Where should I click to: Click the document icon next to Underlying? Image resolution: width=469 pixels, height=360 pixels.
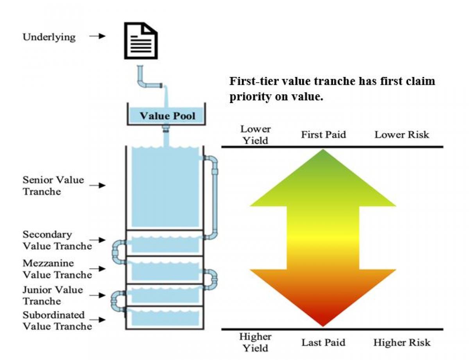tap(141, 40)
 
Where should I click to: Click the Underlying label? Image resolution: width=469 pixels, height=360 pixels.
tap(49, 37)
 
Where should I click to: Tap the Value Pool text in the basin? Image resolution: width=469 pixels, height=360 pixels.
tap(167, 116)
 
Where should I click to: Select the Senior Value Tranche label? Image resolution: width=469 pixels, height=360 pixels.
tap(53, 186)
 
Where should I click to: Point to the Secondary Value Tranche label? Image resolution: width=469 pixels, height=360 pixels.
tap(57, 240)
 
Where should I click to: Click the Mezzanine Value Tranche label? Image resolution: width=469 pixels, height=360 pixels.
tap(57, 269)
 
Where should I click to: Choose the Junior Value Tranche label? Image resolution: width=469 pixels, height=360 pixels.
tap(53, 296)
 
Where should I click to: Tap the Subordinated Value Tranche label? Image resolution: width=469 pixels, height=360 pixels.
tap(57, 321)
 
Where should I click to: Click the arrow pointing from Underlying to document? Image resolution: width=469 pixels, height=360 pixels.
tap(97, 36)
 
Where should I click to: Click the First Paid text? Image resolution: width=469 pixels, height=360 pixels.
tap(323, 135)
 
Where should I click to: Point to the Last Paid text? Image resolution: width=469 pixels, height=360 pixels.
tap(323, 343)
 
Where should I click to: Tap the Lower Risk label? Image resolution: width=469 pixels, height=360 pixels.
tap(401, 135)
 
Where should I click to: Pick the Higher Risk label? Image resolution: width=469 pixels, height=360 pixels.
tap(401, 343)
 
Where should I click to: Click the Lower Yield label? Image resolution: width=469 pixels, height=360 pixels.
tap(255, 135)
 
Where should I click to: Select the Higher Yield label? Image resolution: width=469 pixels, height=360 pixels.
tap(255, 342)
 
